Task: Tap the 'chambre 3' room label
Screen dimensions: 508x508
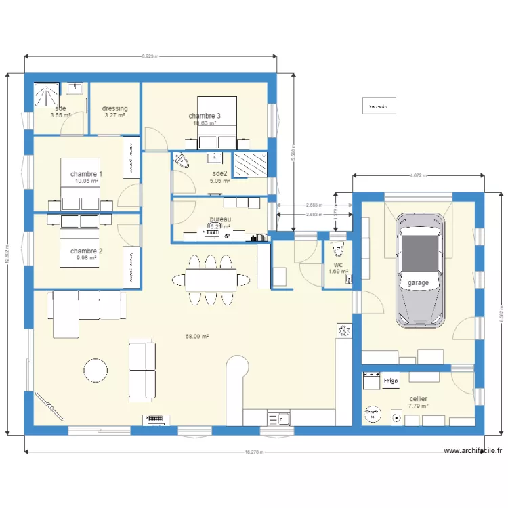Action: [205, 116]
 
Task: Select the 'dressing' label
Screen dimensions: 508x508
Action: [115, 108]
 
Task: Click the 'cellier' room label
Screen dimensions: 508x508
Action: [418, 399]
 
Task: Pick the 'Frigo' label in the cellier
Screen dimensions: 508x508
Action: [391, 381]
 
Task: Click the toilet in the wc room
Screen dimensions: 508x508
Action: [338, 252]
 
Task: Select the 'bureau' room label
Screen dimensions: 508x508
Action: [220, 220]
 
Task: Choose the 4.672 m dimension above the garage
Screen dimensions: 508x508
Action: [418, 175]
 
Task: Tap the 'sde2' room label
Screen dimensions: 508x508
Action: [220, 173]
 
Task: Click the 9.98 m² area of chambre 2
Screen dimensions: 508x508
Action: [86, 257]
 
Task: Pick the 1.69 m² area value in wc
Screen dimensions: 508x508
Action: [338, 272]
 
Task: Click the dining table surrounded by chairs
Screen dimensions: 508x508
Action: [211, 278]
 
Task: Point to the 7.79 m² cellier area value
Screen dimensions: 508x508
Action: [418, 406]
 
